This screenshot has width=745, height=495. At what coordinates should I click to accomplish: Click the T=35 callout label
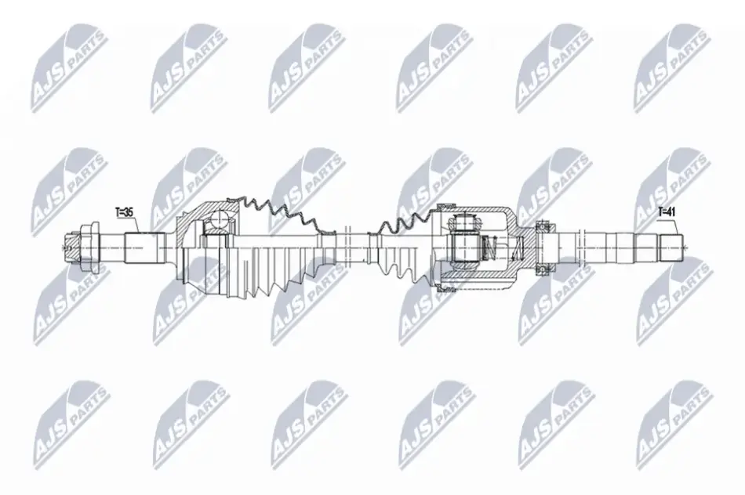tap(125, 212)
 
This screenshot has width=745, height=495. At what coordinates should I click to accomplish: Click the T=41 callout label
tap(667, 212)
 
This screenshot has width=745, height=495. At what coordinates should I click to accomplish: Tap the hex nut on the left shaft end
tap(88, 247)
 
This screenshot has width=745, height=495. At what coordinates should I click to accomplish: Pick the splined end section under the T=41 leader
tap(671, 247)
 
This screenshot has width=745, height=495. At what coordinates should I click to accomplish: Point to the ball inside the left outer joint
tap(220, 220)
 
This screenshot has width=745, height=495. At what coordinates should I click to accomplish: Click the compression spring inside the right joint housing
tap(490, 247)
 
